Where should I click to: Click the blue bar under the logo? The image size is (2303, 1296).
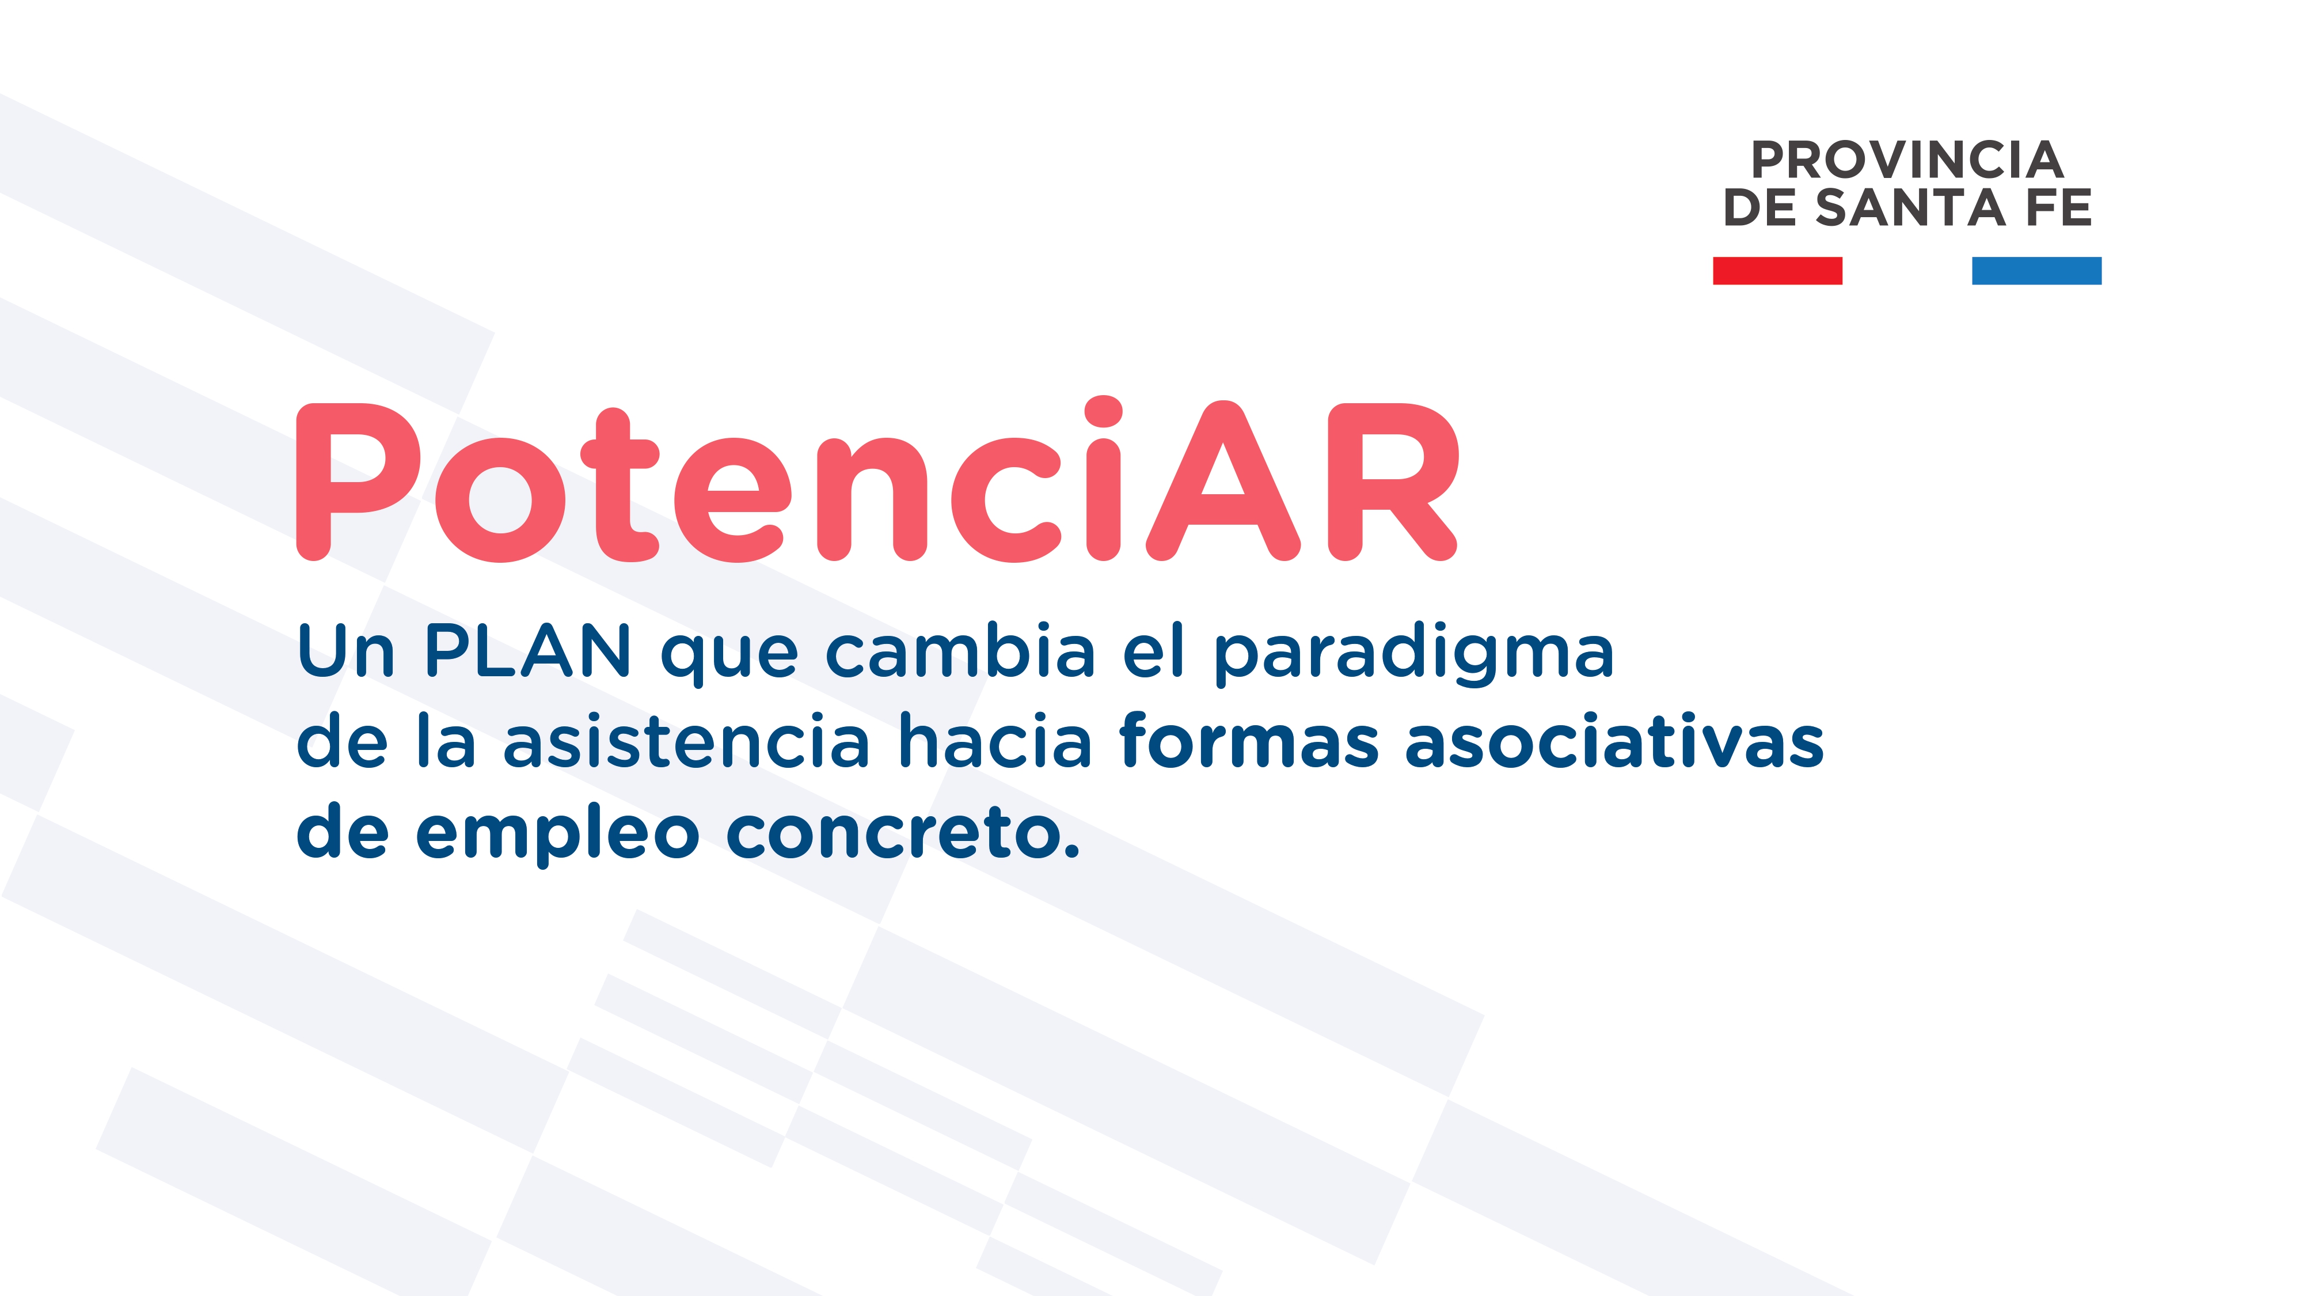(2036, 270)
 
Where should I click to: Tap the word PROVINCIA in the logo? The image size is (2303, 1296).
(1906, 161)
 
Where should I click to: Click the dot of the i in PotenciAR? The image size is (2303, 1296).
(1103, 412)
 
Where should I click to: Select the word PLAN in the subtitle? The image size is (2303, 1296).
(527, 650)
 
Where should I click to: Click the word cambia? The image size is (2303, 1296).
(959, 650)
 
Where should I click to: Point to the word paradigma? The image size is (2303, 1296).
(1412, 655)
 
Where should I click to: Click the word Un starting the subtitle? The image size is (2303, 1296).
(345, 650)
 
